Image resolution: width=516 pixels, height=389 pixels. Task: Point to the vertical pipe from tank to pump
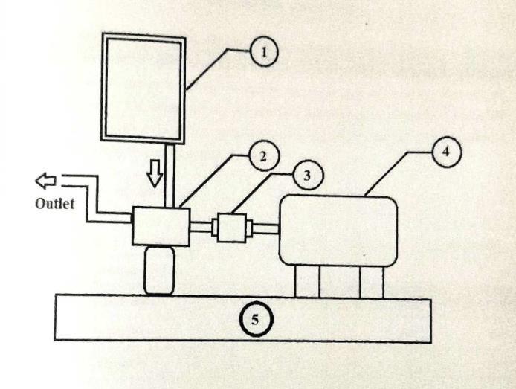(x=170, y=175)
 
